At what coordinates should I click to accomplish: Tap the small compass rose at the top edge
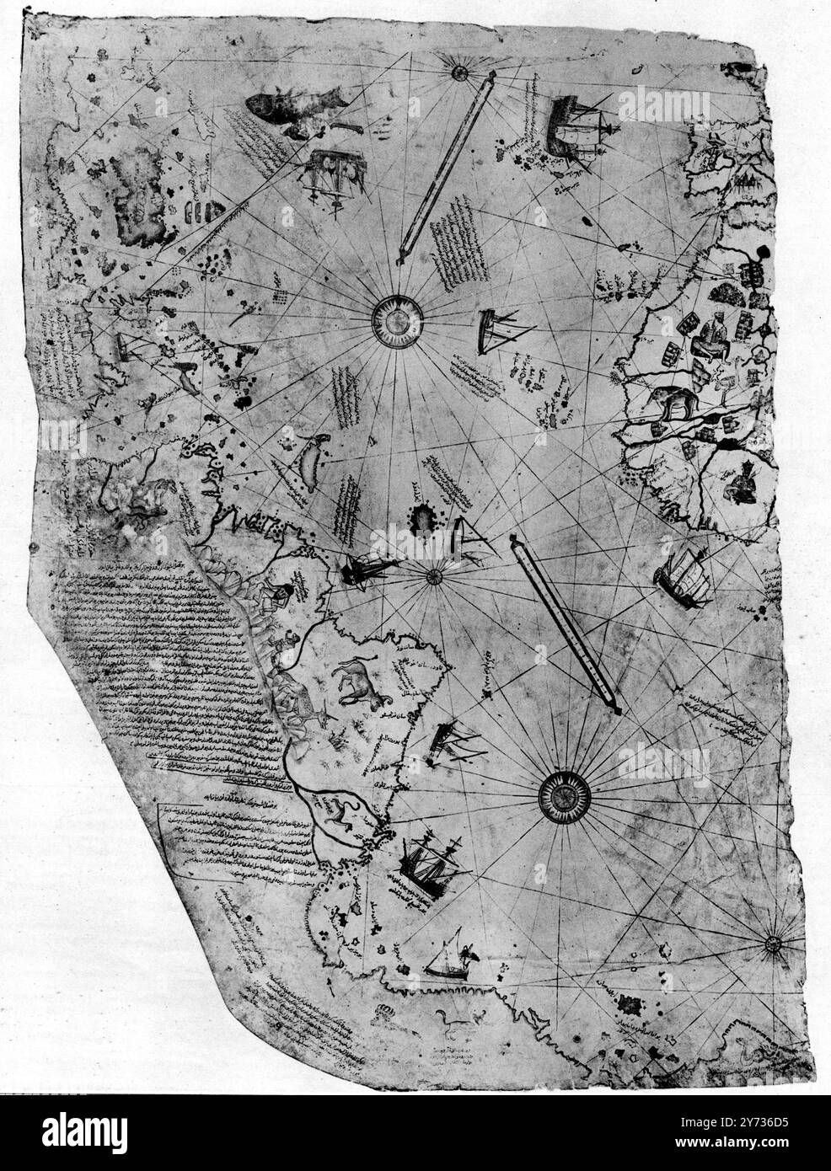(x=459, y=72)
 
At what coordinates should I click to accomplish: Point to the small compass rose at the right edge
(x=774, y=944)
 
